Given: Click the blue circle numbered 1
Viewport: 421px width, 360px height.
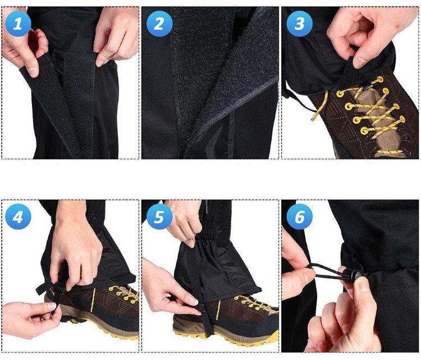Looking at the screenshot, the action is pos(18,24).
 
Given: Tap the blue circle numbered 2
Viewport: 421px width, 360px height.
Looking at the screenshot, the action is pos(159,24).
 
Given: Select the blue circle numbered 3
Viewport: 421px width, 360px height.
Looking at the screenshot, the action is pos(299,24).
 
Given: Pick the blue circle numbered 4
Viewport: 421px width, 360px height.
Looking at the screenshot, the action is pos(18,216).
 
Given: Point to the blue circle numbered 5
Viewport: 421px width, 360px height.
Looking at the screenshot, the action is pos(159,216).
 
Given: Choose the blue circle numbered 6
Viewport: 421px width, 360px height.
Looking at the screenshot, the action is pos(299,216).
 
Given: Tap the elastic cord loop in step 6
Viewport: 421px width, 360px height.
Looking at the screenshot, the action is pos(326,271).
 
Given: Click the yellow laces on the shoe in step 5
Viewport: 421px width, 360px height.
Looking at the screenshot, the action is pos(254,303).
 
